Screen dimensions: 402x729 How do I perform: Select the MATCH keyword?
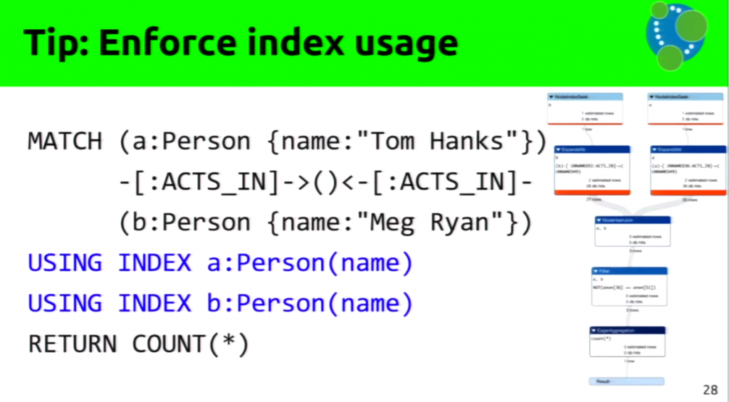(x=65, y=141)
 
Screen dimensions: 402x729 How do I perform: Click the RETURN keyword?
(x=72, y=344)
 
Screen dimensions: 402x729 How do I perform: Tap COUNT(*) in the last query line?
(x=190, y=344)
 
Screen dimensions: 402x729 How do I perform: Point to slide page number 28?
(x=710, y=389)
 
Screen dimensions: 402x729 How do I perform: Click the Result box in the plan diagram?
(x=626, y=381)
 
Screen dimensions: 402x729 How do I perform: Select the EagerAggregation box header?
(x=627, y=330)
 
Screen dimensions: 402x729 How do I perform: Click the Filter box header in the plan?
(x=629, y=271)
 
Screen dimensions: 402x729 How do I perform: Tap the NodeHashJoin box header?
(x=633, y=220)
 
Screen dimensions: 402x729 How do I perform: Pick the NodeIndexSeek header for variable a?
(x=686, y=96)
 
